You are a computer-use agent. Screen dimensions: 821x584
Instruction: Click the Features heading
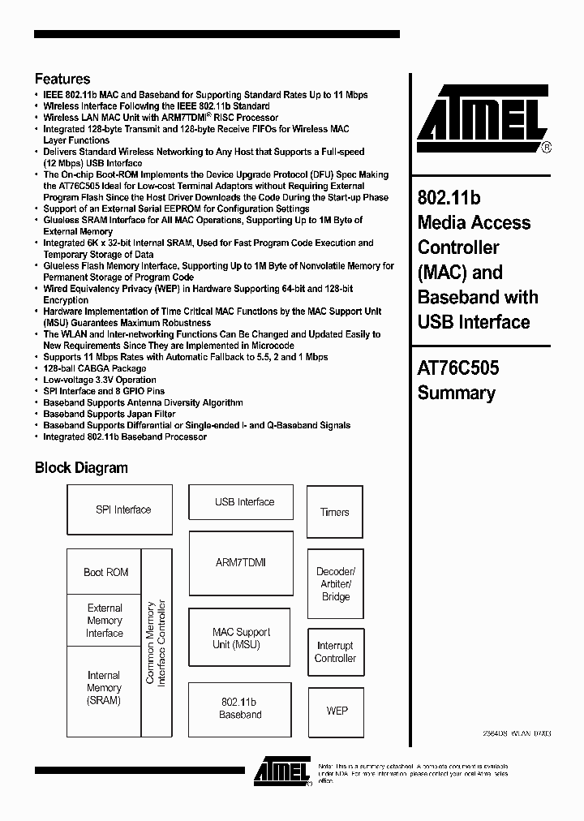point(62,80)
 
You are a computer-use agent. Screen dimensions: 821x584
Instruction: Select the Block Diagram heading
point(81,467)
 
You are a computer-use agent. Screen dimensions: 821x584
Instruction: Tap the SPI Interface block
point(123,509)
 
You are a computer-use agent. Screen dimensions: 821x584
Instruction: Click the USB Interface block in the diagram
point(244,502)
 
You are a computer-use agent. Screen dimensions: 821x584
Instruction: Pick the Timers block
point(334,512)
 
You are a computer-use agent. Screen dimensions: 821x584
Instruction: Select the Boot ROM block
point(105,572)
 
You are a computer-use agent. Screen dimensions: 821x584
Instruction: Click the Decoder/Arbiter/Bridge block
point(335,584)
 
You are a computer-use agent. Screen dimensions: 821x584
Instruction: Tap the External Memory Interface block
point(105,621)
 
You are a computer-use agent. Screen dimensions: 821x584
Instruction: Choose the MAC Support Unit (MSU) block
point(240,638)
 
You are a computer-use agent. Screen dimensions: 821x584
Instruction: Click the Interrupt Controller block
point(335,652)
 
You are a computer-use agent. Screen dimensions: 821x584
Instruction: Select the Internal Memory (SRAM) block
point(104,688)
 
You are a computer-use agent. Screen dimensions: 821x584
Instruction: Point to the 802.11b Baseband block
point(240,708)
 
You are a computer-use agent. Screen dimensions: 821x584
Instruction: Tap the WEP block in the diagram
point(337,711)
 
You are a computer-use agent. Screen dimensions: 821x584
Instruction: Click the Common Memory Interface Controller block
point(157,643)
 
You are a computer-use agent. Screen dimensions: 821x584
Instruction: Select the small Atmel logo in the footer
point(281,772)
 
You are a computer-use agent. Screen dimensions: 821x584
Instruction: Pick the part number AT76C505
point(458,368)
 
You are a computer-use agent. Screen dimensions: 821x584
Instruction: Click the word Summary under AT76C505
point(456,393)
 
